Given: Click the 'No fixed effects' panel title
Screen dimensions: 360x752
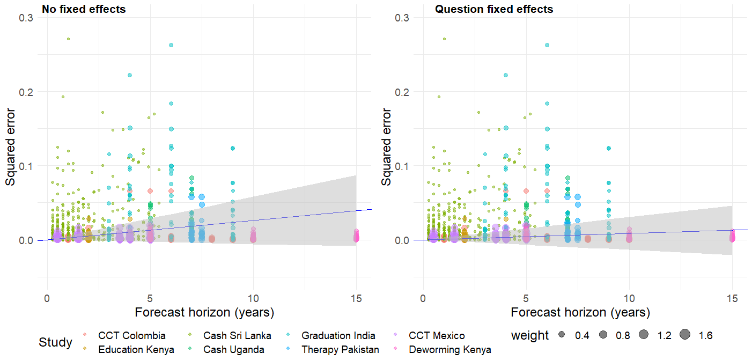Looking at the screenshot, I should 84,9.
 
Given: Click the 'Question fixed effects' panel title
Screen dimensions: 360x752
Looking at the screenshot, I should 493,9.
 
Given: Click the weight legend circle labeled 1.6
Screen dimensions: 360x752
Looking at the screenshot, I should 685,335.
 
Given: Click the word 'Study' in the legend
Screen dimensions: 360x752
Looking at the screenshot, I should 55,342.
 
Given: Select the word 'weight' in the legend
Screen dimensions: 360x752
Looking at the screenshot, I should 529,336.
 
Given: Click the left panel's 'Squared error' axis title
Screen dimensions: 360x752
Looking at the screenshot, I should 11,147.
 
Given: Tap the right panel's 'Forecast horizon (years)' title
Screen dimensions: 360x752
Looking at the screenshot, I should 580,312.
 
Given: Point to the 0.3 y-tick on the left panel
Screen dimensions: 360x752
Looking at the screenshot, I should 26,18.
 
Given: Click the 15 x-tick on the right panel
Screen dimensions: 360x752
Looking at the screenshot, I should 732,298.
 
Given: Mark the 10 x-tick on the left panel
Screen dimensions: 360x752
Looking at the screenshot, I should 253,298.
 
